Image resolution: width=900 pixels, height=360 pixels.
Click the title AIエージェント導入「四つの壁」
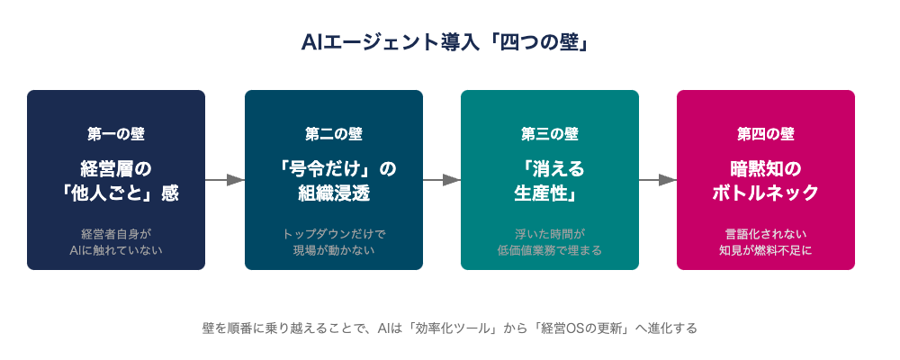(x=445, y=44)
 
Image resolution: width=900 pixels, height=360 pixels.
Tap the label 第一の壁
(x=116, y=134)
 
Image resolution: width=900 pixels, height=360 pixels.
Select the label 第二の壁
(x=334, y=134)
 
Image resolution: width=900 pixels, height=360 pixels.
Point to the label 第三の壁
(x=550, y=134)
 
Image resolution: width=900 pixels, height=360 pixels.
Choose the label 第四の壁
(x=766, y=134)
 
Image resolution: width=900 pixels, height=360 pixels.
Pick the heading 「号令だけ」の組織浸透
(x=334, y=181)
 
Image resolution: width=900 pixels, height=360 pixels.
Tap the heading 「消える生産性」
(x=550, y=181)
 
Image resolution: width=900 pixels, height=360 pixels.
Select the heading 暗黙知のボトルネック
(x=766, y=181)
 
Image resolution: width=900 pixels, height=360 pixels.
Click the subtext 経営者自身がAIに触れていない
(x=116, y=242)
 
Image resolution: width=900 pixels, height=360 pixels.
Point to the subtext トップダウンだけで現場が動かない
(x=334, y=242)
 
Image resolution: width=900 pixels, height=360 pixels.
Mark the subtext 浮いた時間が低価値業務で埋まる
(x=550, y=242)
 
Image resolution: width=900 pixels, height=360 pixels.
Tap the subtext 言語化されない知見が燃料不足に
(x=766, y=242)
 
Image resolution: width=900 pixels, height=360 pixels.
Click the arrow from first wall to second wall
(x=225, y=180)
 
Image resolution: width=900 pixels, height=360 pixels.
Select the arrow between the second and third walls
(x=442, y=180)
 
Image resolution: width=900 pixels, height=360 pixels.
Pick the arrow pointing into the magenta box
(x=658, y=180)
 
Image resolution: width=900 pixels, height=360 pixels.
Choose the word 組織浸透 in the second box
(x=334, y=193)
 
